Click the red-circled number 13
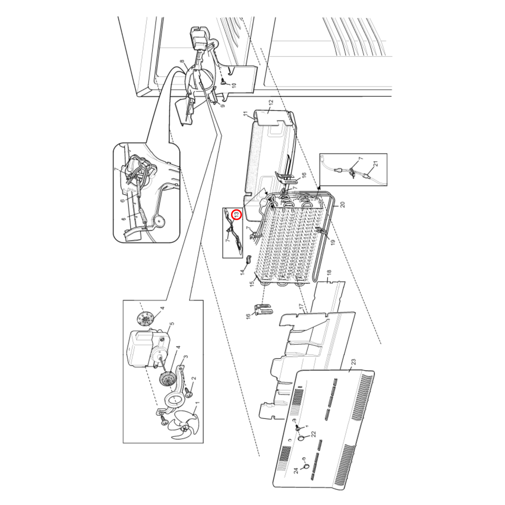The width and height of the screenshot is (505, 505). [x=237, y=214]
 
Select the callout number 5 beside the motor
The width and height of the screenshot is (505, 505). [x=172, y=324]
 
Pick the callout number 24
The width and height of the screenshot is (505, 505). [x=296, y=470]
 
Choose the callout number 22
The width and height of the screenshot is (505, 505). [x=313, y=434]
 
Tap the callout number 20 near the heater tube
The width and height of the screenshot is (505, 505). [x=342, y=204]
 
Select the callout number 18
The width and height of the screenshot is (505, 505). [x=329, y=273]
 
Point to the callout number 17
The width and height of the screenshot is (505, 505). [x=301, y=308]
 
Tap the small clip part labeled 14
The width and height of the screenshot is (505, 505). [x=249, y=259]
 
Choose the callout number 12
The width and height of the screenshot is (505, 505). [x=270, y=104]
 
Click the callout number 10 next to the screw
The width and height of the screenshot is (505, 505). [x=234, y=85]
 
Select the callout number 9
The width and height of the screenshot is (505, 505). [x=223, y=104]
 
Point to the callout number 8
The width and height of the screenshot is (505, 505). [x=182, y=62]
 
